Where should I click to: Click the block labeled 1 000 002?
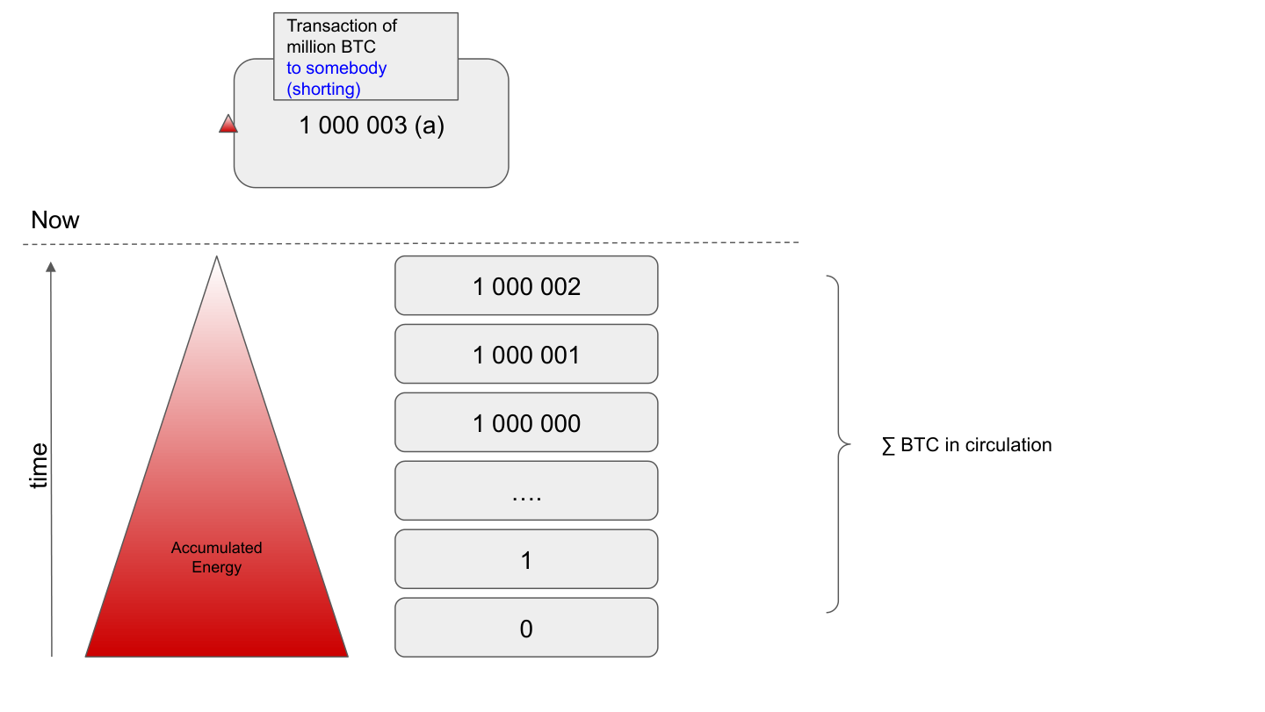click(x=526, y=286)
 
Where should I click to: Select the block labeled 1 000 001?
click(x=526, y=355)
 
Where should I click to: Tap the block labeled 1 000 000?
click(x=526, y=423)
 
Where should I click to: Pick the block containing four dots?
click(x=526, y=492)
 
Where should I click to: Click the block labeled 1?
click(x=526, y=560)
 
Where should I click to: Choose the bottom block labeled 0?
click(x=526, y=629)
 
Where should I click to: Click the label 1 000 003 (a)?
click(x=372, y=126)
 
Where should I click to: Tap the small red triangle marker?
click(x=228, y=125)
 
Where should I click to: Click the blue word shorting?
click(x=324, y=89)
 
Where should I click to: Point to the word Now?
click(x=54, y=220)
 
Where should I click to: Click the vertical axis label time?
click(x=39, y=465)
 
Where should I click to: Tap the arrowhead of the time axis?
click(x=51, y=267)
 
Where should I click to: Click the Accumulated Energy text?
click(x=216, y=557)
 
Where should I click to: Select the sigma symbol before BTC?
click(x=888, y=446)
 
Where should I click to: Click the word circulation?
click(x=1008, y=445)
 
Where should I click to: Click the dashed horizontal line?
click(x=413, y=242)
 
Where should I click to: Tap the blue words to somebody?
click(x=336, y=68)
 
